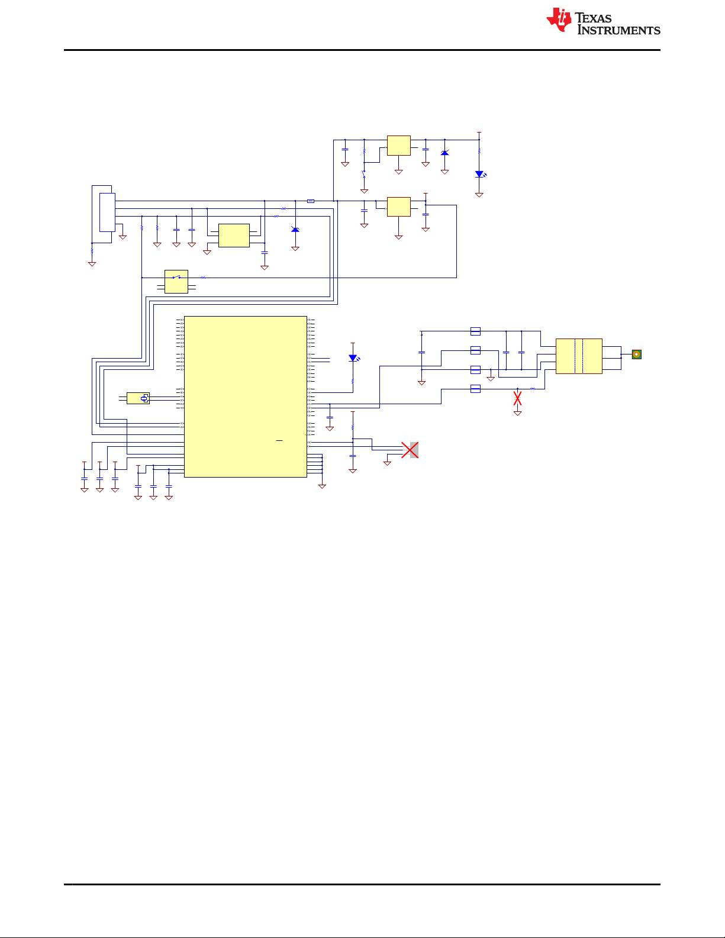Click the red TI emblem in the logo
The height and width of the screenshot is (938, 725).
[559, 20]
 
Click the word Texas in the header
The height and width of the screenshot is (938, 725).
[593, 18]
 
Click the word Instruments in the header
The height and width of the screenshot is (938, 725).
[619, 30]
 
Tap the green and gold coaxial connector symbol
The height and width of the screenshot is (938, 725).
[637, 354]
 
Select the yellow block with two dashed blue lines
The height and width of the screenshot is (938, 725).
[579, 356]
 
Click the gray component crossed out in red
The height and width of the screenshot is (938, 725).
[414, 450]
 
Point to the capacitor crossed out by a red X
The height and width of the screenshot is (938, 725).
[517, 398]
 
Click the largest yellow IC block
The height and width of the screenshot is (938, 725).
[246, 397]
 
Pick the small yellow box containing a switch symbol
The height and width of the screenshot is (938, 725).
[176, 282]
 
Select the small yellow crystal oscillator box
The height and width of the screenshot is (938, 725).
[138, 398]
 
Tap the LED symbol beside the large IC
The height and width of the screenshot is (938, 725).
[353, 358]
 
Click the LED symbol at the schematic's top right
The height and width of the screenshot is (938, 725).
[479, 174]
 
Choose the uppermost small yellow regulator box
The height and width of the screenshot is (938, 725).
[399, 146]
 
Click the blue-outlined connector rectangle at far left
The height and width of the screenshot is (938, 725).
[108, 212]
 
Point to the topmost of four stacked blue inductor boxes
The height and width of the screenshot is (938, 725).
[475, 331]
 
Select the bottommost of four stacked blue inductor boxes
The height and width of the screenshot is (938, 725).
[475, 389]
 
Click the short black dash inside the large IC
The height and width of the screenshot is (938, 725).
[279, 440]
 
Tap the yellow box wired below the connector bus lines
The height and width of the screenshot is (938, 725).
[234, 236]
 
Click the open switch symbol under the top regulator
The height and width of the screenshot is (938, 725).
[364, 174]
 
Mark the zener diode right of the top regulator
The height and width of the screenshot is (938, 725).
[444, 153]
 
